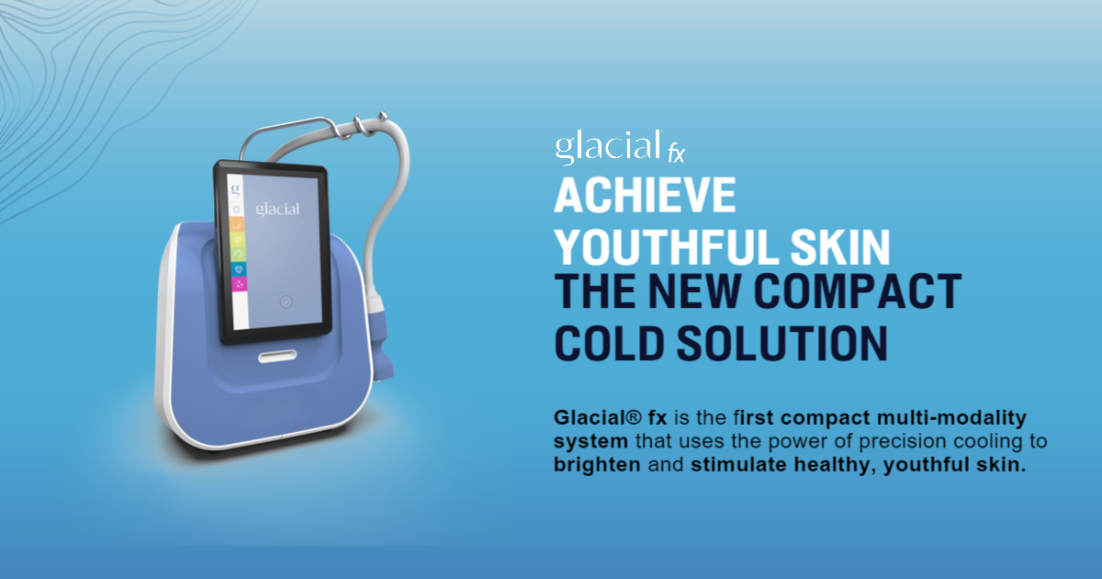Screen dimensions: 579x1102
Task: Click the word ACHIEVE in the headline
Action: pyautogui.click(x=645, y=196)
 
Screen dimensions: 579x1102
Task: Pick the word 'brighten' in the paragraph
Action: pyautogui.click(x=597, y=465)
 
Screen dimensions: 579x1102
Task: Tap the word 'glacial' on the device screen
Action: pyautogui.click(x=276, y=209)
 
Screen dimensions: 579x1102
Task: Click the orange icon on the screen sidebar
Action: pyautogui.click(x=235, y=225)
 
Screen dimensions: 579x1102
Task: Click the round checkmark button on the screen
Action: pyautogui.click(x=286, y=301)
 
